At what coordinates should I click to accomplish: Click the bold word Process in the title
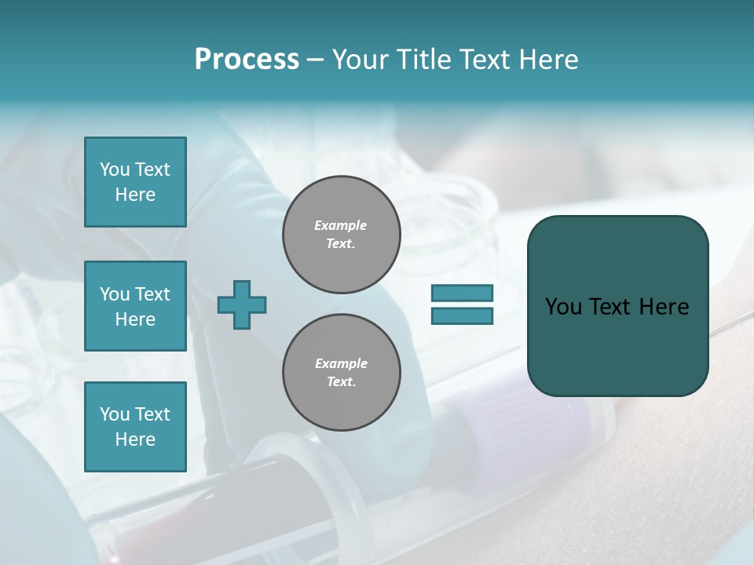(247, 60)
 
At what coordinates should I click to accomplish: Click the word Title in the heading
(423, 60)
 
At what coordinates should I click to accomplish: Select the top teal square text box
(135, 182)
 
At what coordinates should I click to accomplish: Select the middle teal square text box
(135, 306)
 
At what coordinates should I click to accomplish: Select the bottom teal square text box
(135, 426)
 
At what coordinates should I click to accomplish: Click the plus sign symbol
(241, 304)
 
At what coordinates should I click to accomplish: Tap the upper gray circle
(341, 235)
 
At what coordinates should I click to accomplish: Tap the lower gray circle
(341, 373)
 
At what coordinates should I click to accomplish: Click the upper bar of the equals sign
(462, 293)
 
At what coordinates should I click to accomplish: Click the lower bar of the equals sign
(462, 316)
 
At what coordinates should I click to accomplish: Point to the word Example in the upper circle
(341, 225)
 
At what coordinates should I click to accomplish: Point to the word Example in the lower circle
(341, 363)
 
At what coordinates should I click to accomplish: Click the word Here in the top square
(135, 195)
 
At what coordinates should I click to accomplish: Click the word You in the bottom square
(115, 414)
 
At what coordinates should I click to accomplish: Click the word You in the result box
(563, 307)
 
